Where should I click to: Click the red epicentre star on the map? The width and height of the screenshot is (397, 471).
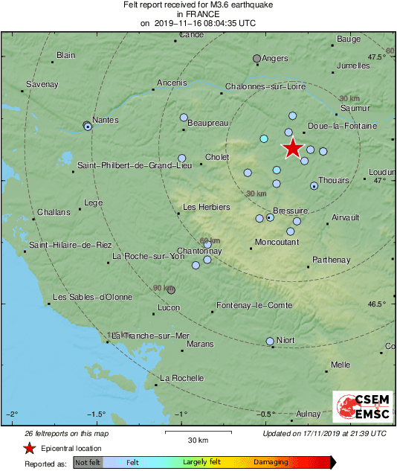click(293, 148)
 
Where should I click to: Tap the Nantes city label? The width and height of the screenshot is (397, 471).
click(106, 120)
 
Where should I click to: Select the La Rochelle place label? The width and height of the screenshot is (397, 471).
click(182, 378)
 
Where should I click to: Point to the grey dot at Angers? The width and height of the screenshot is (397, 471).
click(257, 58)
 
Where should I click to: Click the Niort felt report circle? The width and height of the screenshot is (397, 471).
click(270, 342)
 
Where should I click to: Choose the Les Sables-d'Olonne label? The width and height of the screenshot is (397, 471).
click(92, 298)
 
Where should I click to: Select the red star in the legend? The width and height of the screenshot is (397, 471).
click(29, 448)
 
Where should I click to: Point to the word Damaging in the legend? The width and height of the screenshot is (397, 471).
click(271, 462)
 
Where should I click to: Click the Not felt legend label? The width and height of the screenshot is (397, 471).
click(88, 462)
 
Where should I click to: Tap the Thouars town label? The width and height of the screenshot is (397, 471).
click(332, 180)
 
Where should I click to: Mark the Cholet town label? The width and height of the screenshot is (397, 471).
click(217, 158)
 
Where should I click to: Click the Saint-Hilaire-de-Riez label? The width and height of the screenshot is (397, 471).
click(70, 245)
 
